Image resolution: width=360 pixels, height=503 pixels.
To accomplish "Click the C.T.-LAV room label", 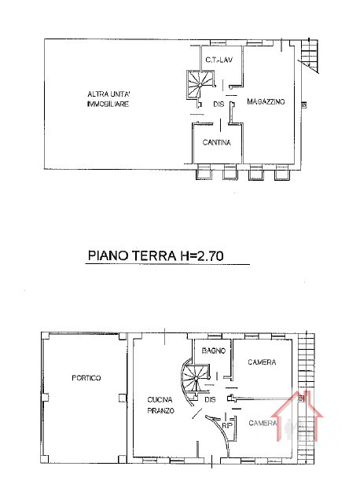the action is pyautogui.click(x=219, y=60).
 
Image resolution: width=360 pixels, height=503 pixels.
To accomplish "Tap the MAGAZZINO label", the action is pyautogui.click(x=266, y=101).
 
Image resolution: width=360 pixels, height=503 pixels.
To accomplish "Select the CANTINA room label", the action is pyautogui.click(x=217, y=142).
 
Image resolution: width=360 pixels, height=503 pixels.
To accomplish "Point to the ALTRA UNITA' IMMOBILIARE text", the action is pyautogui.click(x=108, y=99).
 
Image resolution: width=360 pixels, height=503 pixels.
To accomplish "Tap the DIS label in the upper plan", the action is pyautogui.click(x=219, y=105).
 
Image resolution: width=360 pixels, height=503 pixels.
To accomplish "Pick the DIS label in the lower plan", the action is pyautogui.click(x=210, y=400).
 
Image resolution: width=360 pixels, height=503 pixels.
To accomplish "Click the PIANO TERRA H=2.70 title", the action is pyautogui.click(x=156, y=255).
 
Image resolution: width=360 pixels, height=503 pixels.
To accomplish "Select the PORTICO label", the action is pyautogui.click(x=86, y=378).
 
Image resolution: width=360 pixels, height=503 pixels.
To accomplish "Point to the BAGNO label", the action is pyautogui.click(x=213, y=351).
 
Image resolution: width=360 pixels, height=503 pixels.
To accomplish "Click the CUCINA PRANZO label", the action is pyautogui.click(x=161, y=405).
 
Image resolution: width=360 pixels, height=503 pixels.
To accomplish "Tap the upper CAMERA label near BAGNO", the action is pyautogui.click(x=262, y=362).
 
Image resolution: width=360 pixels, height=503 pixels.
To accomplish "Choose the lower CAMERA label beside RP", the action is pyautogui.click(x=263, y=423).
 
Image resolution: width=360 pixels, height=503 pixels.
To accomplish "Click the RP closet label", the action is pyautogui.click(x=226, y=426).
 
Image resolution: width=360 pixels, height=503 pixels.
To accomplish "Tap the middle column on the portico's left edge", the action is pyautogui.click(x=45, y=398).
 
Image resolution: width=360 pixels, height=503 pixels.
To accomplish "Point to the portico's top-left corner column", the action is pyautogui.click(x=45, y=336).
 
